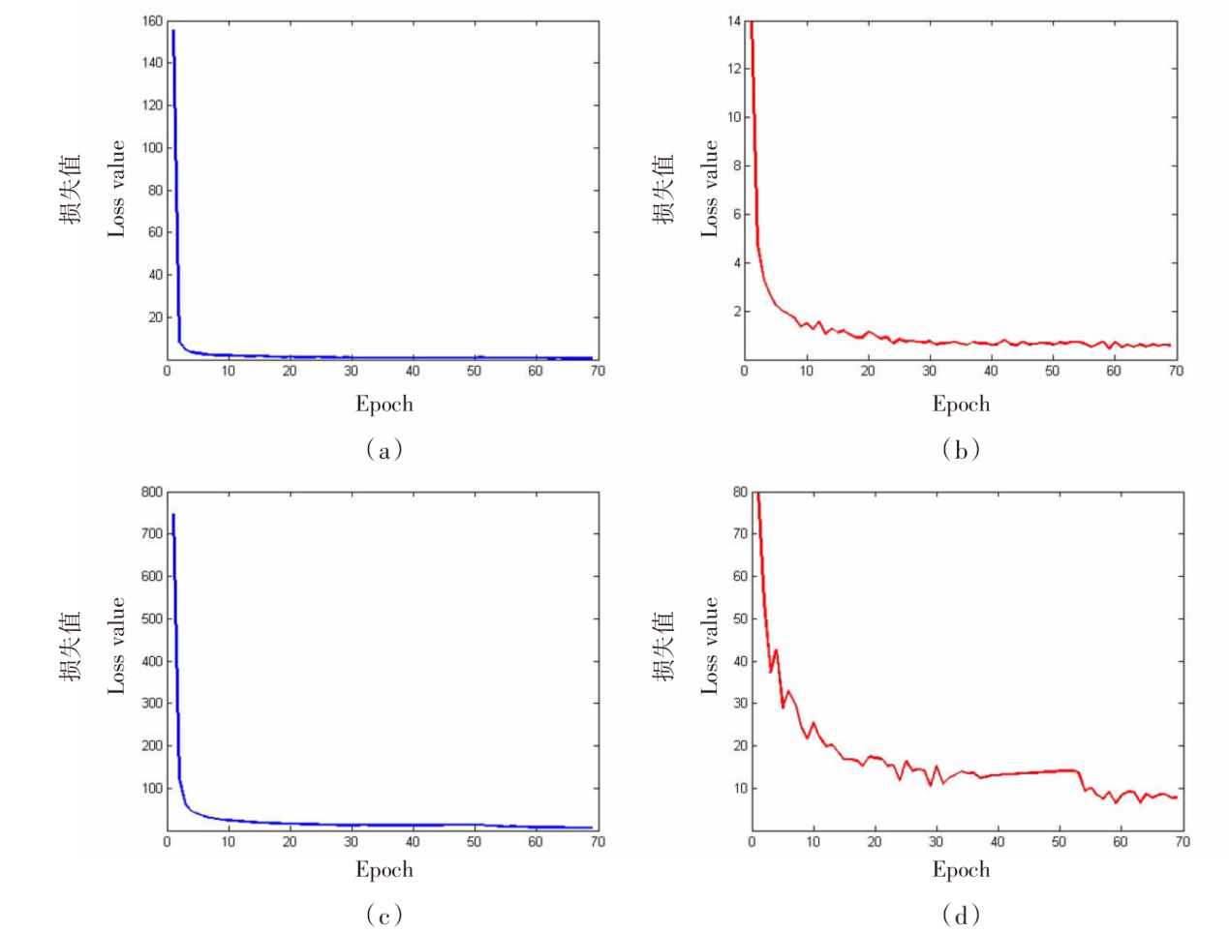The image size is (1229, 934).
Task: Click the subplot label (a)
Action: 384,449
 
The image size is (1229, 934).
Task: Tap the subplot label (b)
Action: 961,449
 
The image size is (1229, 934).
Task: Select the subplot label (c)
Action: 384,915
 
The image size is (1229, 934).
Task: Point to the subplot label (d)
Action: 961,915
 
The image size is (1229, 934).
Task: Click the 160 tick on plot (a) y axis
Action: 151,20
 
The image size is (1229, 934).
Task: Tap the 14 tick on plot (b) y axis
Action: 733,20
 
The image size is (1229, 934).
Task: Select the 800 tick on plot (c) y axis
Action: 151,492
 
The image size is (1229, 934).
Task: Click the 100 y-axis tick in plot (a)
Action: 151,147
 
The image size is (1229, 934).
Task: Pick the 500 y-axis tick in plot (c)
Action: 151,618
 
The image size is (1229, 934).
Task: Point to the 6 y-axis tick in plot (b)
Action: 736,214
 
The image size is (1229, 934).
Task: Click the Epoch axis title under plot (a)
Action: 384,405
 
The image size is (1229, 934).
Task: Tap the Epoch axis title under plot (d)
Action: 961,869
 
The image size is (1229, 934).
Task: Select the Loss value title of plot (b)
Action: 711,189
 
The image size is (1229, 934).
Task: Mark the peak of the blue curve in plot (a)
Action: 173,30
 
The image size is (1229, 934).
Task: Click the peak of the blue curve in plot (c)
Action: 173,514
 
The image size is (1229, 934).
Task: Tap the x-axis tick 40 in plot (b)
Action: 991,372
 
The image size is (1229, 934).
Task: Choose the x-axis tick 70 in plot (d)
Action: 1182,842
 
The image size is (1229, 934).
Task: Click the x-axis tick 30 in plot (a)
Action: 351,372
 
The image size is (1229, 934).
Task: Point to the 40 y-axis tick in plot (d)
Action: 740,661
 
